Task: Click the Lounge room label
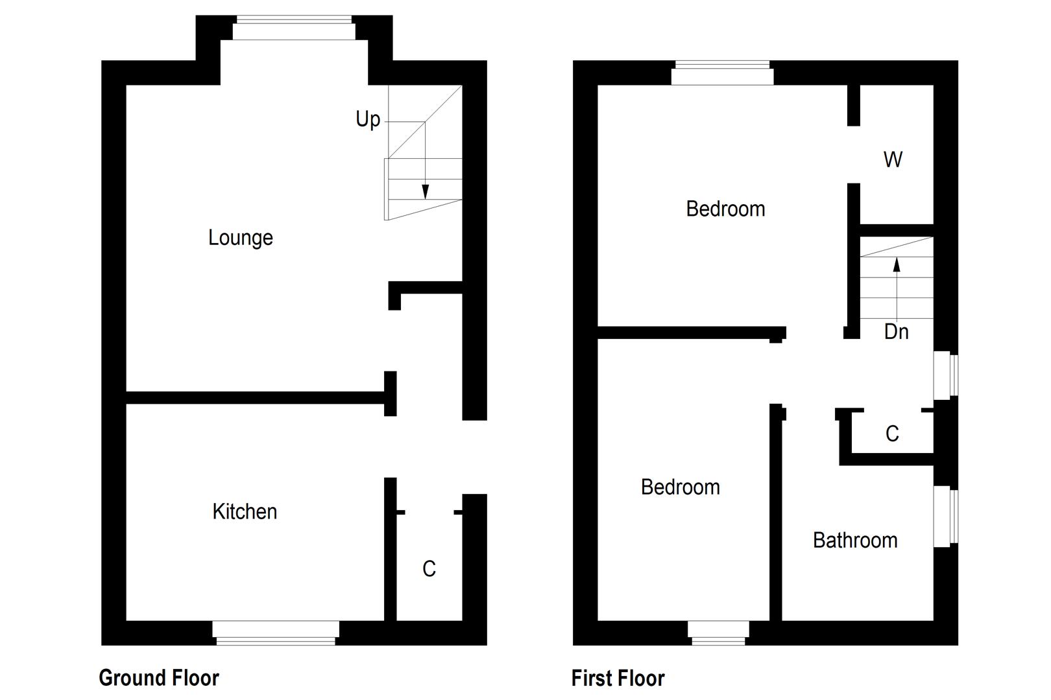pyautogui.click(x=241, y=238)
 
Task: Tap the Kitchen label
pyautogui.click(x=245, y=512)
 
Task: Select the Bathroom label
pyautogui.click(x=855, y=540)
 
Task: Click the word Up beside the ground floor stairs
pyautogui.click(x=367, y=119)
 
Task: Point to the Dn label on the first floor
pyautogui.click(x=896, y=332)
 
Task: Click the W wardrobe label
pyautogui.click(x=893, y=159)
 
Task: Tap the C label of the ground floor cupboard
pyautogui.click(x=429, y=569)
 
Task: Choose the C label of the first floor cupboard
pyautogui.click(x=892, y=434)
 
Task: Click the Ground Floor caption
pyautogui.click(x=159, y=678)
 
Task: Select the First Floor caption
pyautogui.click(x=618, y=679)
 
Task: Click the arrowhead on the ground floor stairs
pyautogui.click(x=425, y=192)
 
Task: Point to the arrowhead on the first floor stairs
pyautogui.click(x=897, y=264)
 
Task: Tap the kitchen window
pyautogui.click(x=276, y=633)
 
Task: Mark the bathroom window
pyautogui.click(x=945, y=517)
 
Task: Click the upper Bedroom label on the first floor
pyautogui.click(x=725, y=209)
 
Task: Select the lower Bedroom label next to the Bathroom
pyautogui.click(x=680, y=487)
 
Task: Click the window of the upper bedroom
pyautogui.click(x=722, y=73)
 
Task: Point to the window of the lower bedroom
pyautogui.click(x=718, y=633)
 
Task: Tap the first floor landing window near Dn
pyautogui.click(x=945, y=375)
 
